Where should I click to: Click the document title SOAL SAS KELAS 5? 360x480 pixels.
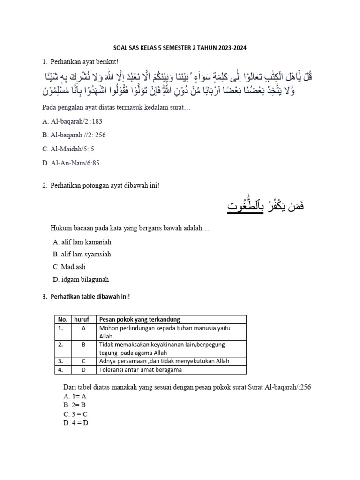pos(180,48)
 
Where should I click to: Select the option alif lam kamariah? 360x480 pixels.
pos(82,242)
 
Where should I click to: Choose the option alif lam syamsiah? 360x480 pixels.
pos(82,255)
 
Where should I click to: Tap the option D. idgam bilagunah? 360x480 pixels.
pos(81,279)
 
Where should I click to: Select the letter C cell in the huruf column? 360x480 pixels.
pos(83,361)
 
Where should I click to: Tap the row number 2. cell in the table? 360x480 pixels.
pos(60,345)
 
